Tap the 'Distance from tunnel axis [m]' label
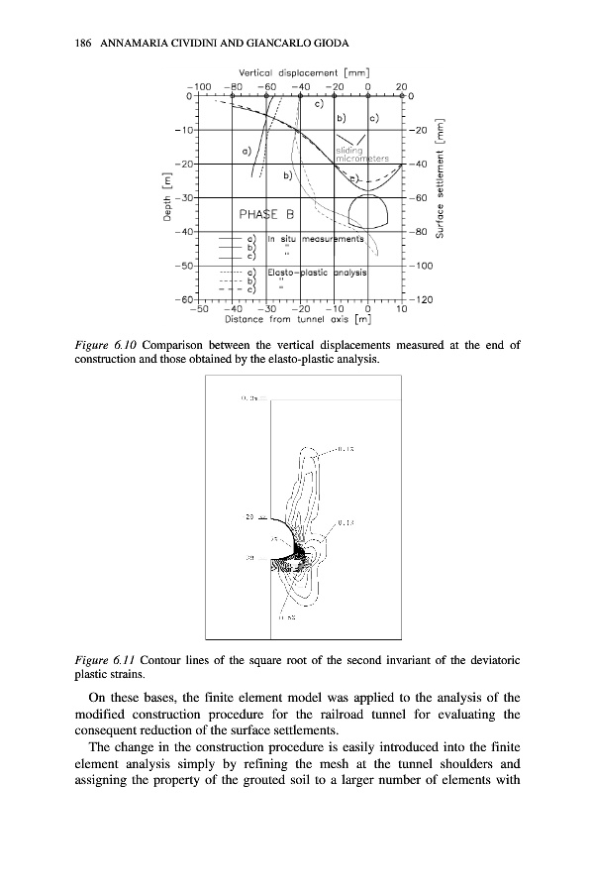pyautogui.click(x=298, y=319)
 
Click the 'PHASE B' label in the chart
pyautogui.click(x=267, y=214)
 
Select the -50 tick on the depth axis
pyautogui.click(x=182, y=266)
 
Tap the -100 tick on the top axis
pyautogui.click(x=198, y=85)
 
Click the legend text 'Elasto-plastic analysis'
pyautogui.click(x=315, y=271)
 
